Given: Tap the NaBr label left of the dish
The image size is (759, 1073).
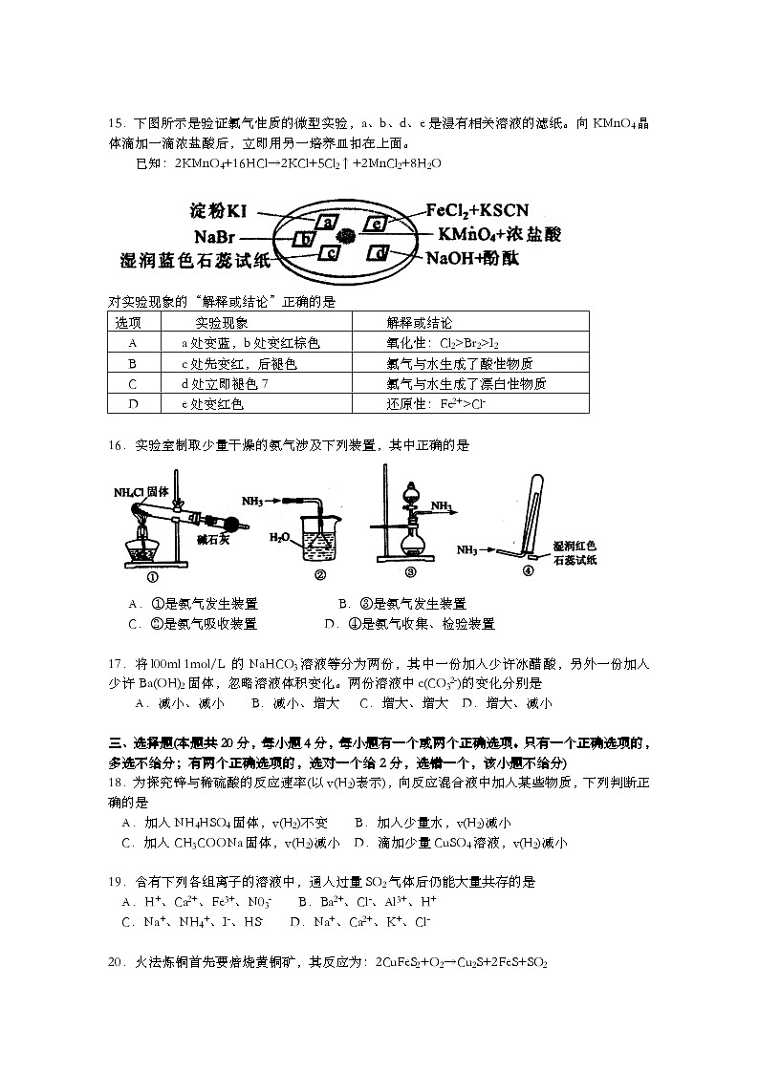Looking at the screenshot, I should (x=216, y=235).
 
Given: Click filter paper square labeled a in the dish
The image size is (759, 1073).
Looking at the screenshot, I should (x=327, y=222).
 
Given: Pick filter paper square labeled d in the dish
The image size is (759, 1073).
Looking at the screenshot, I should (x=379, y=253).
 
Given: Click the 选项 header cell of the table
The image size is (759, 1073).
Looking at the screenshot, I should (x=129, y=323).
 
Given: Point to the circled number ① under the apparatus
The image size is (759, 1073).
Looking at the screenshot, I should (x=152, y=576).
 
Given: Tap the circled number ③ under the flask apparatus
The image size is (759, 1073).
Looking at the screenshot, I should (x=410, y=572).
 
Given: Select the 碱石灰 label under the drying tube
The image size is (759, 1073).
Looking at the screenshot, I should (x=215, y=539).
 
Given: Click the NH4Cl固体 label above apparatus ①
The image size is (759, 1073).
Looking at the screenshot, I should (x=141, y=492).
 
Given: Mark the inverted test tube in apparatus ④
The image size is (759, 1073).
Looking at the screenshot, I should (x=534, y=511).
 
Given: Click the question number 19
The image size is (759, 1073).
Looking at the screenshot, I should (x=116, y=881).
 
